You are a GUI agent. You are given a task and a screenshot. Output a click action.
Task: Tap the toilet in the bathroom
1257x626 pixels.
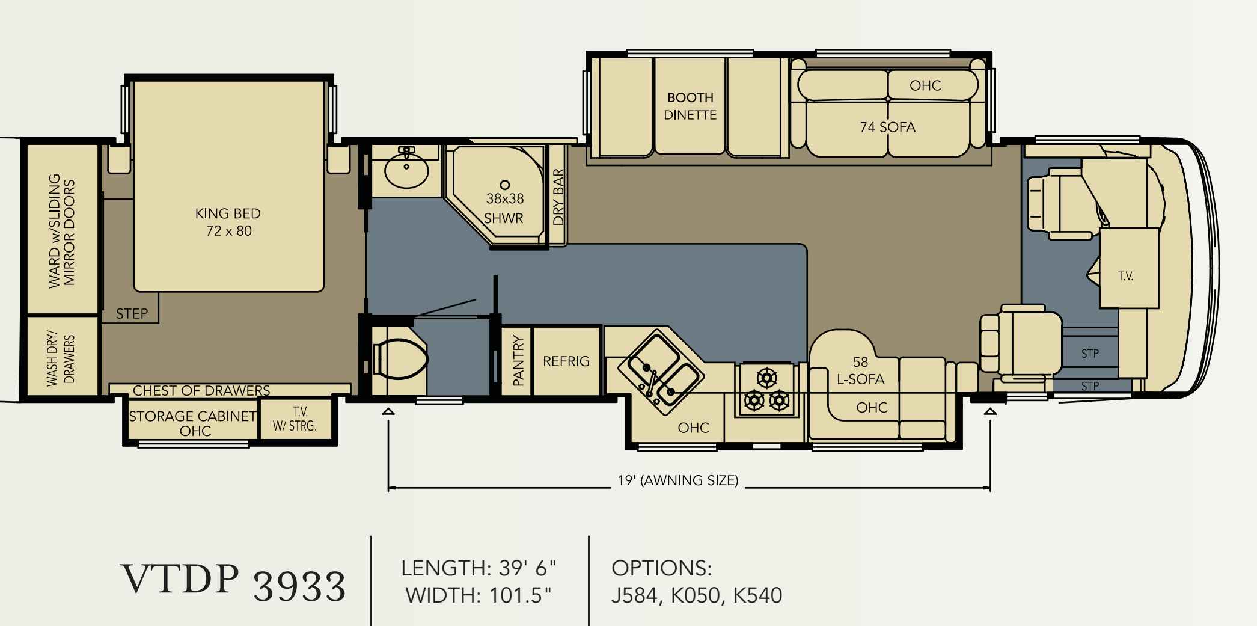coord(400,360)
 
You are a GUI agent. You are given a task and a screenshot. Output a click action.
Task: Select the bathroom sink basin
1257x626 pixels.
coord(406,170)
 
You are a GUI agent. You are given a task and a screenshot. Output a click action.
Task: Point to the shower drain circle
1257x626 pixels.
coord(505,185)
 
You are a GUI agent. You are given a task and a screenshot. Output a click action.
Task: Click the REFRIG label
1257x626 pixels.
coord(566,361)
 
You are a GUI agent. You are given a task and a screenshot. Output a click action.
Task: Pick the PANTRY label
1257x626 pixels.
coord(518,361)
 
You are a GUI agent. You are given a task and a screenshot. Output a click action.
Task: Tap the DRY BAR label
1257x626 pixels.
coord(558,197)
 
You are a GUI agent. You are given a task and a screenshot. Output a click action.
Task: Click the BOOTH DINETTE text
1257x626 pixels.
coord(690,106)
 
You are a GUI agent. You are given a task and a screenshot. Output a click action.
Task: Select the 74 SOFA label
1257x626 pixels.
coord(887,127)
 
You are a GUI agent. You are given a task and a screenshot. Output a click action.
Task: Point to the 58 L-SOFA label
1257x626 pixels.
coord(861,370)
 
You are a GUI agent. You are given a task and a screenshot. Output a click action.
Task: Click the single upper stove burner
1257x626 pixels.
coord(767,378)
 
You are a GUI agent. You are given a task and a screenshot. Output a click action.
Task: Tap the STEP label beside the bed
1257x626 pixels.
coord(132,314)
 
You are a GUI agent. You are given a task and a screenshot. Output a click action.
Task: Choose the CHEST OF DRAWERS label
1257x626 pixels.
coord(201,391)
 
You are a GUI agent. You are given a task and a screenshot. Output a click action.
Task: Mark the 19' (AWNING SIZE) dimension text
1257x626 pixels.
coord(678,480)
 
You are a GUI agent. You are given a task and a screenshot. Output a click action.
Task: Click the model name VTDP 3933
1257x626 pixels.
coord(234,582)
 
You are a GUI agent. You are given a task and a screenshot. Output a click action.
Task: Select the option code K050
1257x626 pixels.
coord(696,595)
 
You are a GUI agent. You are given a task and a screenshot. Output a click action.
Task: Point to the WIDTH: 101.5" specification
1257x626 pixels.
coord(479,595)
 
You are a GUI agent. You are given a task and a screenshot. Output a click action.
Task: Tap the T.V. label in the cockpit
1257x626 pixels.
coord(1125,276)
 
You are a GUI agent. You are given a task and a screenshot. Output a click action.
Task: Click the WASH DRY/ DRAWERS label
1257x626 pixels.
coord(61,358)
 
